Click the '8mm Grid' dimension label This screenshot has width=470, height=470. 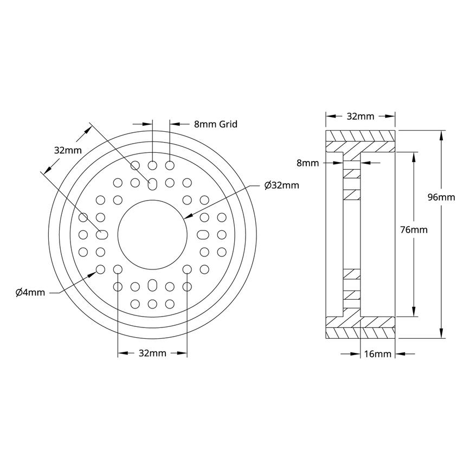(215, 124)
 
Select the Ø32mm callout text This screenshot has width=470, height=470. (281, 185)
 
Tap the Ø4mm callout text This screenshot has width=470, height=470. (30, 293)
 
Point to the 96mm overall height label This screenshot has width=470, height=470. (441, 197)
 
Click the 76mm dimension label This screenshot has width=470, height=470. (414, 230)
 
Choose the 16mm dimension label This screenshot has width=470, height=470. (377, 355)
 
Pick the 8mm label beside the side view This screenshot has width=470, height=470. (308, 162)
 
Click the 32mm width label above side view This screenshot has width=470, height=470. (360, 116)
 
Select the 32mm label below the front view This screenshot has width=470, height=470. (152, 353)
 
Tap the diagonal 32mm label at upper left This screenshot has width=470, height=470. (67, 150)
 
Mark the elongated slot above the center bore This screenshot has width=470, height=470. (153, 184)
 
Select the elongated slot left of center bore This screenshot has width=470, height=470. (102, 235)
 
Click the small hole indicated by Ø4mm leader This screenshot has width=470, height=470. (100, 269)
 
